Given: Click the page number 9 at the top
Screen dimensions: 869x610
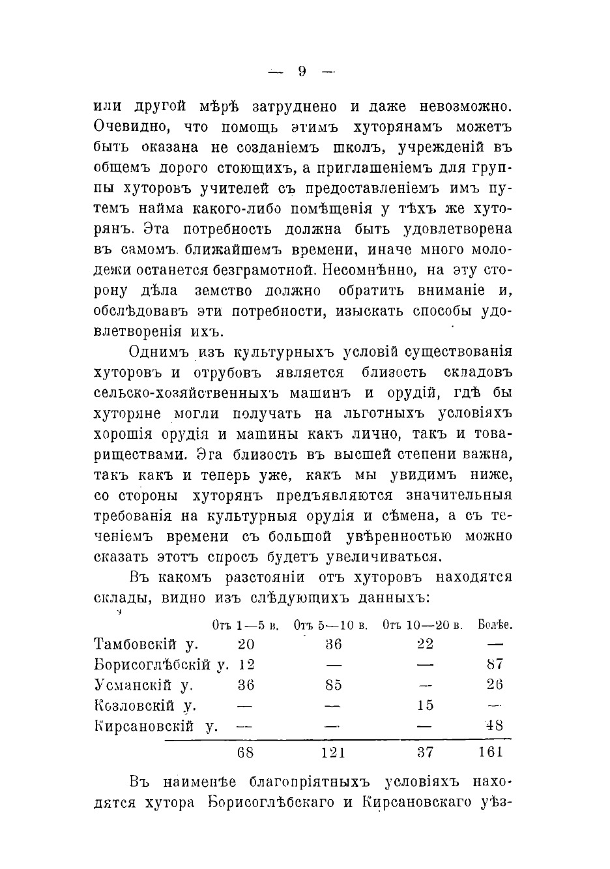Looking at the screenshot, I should (x=302, y=72).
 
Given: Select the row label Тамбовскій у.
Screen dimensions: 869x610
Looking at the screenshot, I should (x=147, y=644).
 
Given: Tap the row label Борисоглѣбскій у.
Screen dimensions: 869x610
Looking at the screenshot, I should (x=162, y=664).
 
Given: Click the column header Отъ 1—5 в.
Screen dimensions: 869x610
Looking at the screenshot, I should (x=246, y=625).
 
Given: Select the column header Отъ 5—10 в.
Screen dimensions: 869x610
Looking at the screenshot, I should (x=331, y=625).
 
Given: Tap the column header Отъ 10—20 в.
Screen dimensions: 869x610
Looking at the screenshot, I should (x=423, y=625).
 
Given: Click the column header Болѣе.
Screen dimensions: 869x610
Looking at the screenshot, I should (x=495, y=625).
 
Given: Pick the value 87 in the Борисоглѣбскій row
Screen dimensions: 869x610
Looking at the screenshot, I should (x=495, y=664).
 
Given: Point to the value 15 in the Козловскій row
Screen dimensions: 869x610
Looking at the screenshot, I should (x=425, y=705).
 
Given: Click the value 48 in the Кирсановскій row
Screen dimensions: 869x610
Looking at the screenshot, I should (x=495, y=726).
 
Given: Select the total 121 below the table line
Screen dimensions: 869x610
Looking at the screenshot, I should (x=332, y=752).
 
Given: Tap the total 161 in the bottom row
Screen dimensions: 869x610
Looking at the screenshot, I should (x=491, y=752).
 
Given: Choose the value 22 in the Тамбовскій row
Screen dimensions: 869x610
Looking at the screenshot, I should (x=425, y=644).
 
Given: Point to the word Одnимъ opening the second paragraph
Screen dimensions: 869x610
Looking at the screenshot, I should (x=156, y=352).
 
